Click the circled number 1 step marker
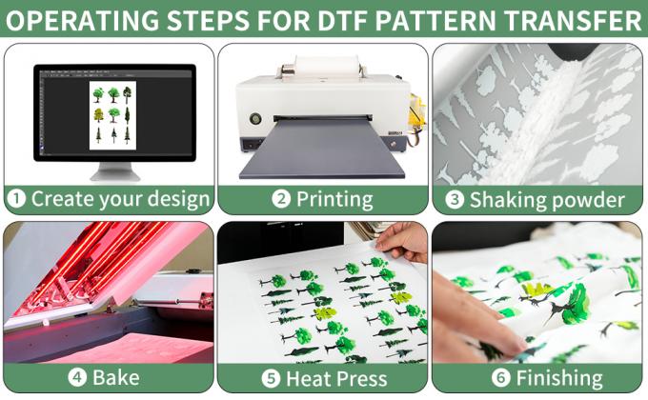[x=16, y=200]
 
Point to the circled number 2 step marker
[x=281, y=200]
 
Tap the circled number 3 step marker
[x=456, y=200]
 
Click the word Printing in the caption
[x=334, y=200]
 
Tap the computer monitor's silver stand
[x=114, y=171]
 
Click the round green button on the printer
[x=255, y=120]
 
